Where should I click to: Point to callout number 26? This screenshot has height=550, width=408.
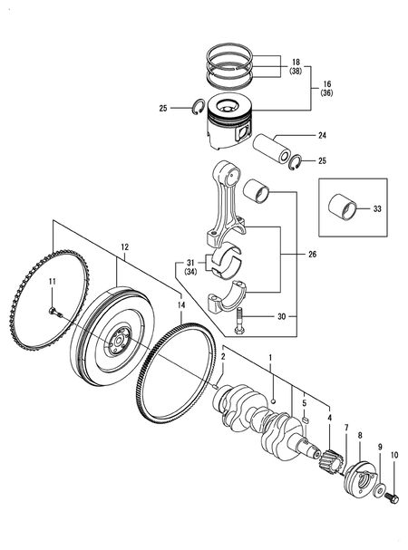tap(313, 255)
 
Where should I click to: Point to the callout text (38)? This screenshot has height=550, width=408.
tap(296, 71)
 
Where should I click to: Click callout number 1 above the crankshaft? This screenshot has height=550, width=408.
tap(269, 360)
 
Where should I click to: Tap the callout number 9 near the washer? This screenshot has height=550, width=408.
tap(381, 447)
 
